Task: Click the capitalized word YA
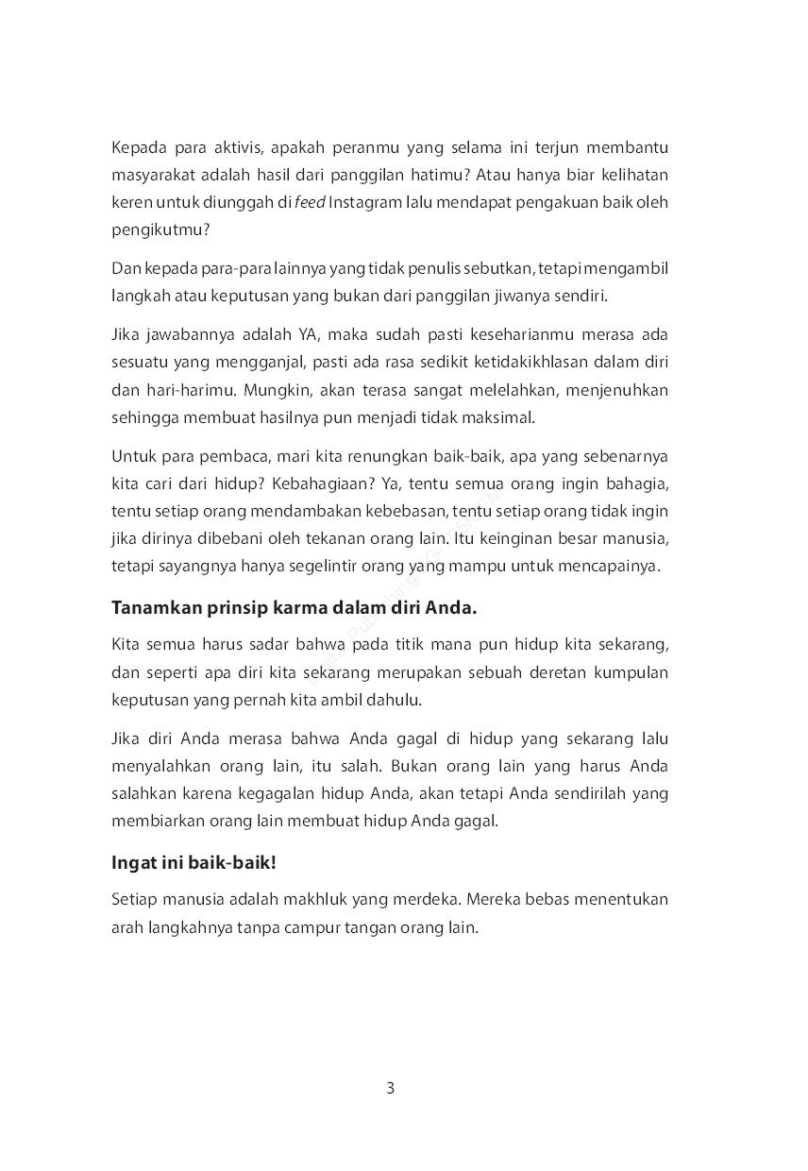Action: (284, 334)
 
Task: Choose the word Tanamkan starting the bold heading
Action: (152, 608)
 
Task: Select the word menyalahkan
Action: (156, 766)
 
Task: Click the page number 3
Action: (391, 1089)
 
